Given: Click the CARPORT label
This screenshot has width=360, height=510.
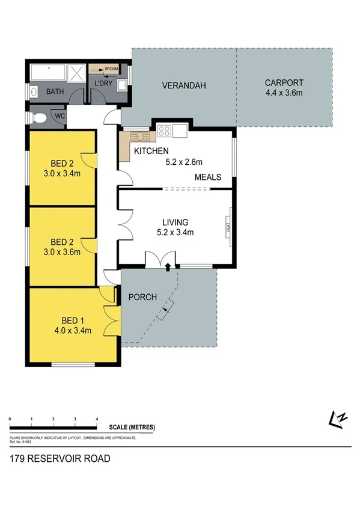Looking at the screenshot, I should (x=284, y=83).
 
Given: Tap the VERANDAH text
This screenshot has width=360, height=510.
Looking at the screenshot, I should (x=184, y=86).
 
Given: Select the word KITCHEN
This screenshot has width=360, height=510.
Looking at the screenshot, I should (x=151, y=151).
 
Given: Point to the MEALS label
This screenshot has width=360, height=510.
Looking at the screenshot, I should (x=208, y=177).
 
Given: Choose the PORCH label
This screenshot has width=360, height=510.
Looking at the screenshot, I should (x=143, y=297).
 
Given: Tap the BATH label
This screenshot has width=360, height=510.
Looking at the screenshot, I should (x=56, y=92).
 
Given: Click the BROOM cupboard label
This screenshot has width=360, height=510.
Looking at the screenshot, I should (x=110, y=69).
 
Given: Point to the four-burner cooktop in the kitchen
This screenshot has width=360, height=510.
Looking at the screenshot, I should (x=165, y=131).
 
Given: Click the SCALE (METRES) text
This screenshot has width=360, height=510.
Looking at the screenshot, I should (x=132, y=428).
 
